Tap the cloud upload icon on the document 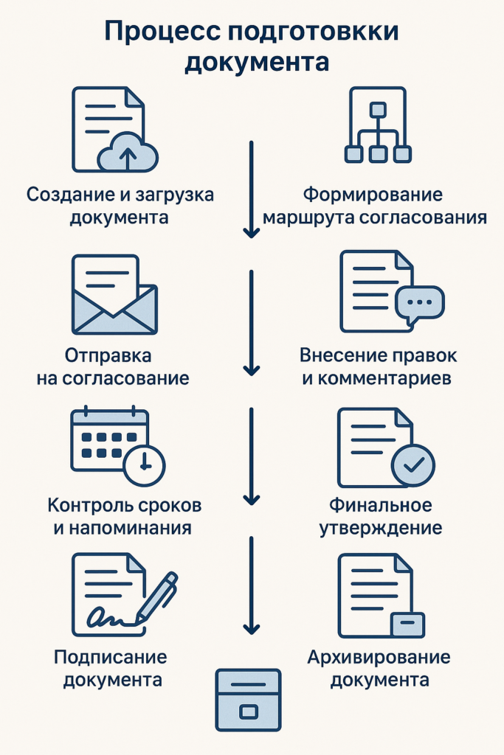128,152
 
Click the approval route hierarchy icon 378,125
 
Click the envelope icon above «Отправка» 114,295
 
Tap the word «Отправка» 108,356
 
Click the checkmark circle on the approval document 413,465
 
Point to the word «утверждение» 381,528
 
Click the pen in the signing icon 156,597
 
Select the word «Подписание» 111,657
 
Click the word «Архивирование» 379,657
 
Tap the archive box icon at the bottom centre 248,700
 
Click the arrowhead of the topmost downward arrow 251,232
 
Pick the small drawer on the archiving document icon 407,625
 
